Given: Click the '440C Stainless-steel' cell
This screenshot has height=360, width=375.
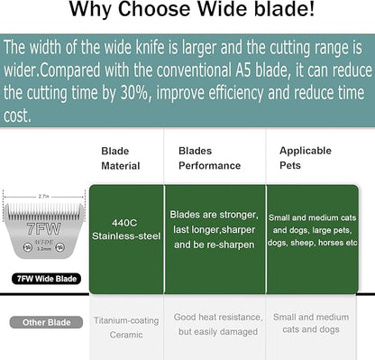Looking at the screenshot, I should pyautogui.click(x=125, y=229).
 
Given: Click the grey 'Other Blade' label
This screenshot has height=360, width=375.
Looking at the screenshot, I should pyautogui.click(x=40, y=322).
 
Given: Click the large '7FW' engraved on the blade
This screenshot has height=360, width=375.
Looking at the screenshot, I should pyautogui.click(x=42, y=229).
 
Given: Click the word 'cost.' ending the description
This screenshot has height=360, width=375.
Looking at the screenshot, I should pyautogui.click(x=18, y=115).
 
